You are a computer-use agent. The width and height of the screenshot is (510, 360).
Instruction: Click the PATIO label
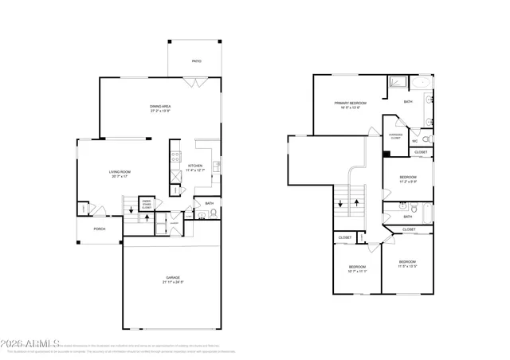coord(196,61)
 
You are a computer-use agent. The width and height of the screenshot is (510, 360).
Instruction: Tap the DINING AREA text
coord(162,106)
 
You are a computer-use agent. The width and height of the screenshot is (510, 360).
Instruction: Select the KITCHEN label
coord(195,166)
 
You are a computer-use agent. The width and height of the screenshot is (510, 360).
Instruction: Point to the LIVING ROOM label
coord(120,171)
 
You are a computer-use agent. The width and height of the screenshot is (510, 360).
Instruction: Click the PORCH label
coord(100,229)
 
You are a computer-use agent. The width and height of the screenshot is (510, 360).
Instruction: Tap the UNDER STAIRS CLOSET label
coord(147,204)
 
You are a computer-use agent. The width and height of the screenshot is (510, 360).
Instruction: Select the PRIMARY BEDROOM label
coord(350,104)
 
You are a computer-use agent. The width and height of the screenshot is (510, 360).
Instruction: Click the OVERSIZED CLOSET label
coord(395,136)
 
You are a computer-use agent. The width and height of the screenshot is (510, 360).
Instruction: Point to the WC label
coord(415,141)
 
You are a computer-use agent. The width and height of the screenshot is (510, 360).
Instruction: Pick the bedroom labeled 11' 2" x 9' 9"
coord(408,178)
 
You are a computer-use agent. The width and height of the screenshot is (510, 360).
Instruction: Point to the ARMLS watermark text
coord(28,343)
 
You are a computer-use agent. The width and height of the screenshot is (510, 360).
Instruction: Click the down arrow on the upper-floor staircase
coord(341,204)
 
